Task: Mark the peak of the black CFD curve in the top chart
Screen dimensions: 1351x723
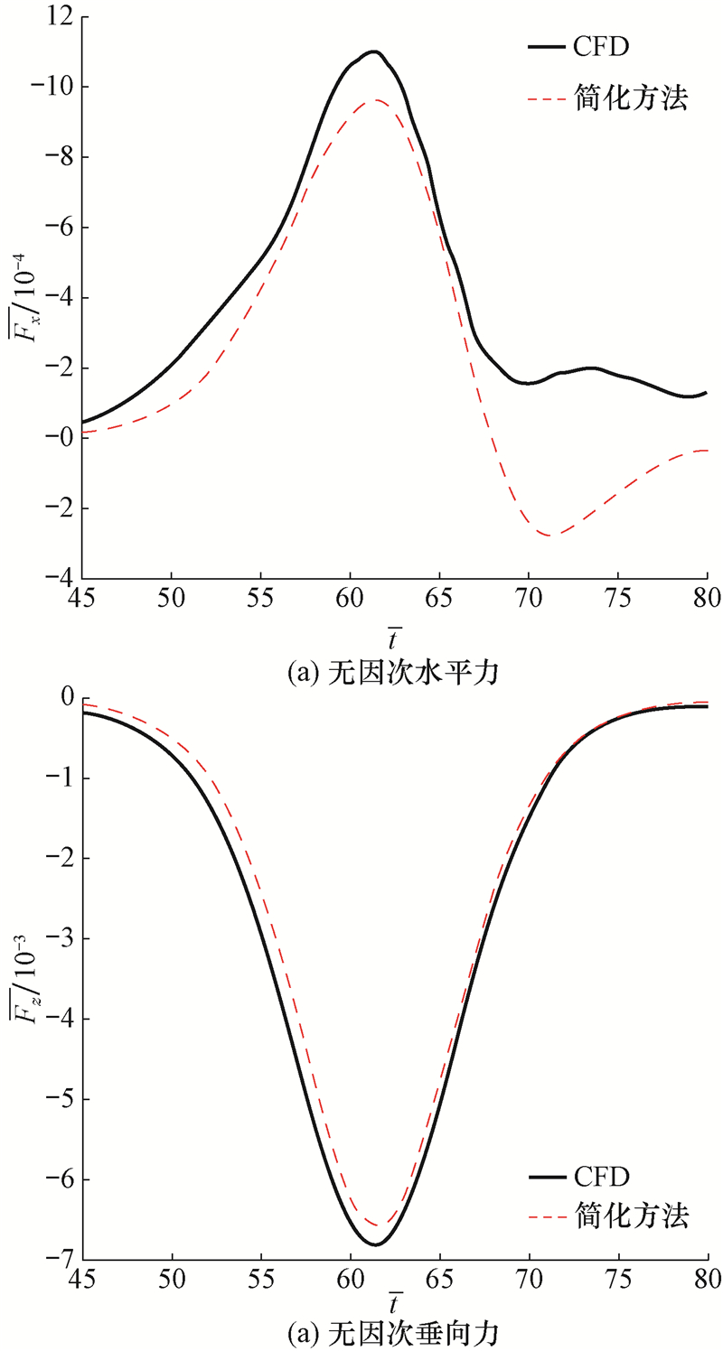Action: coord(372,51)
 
